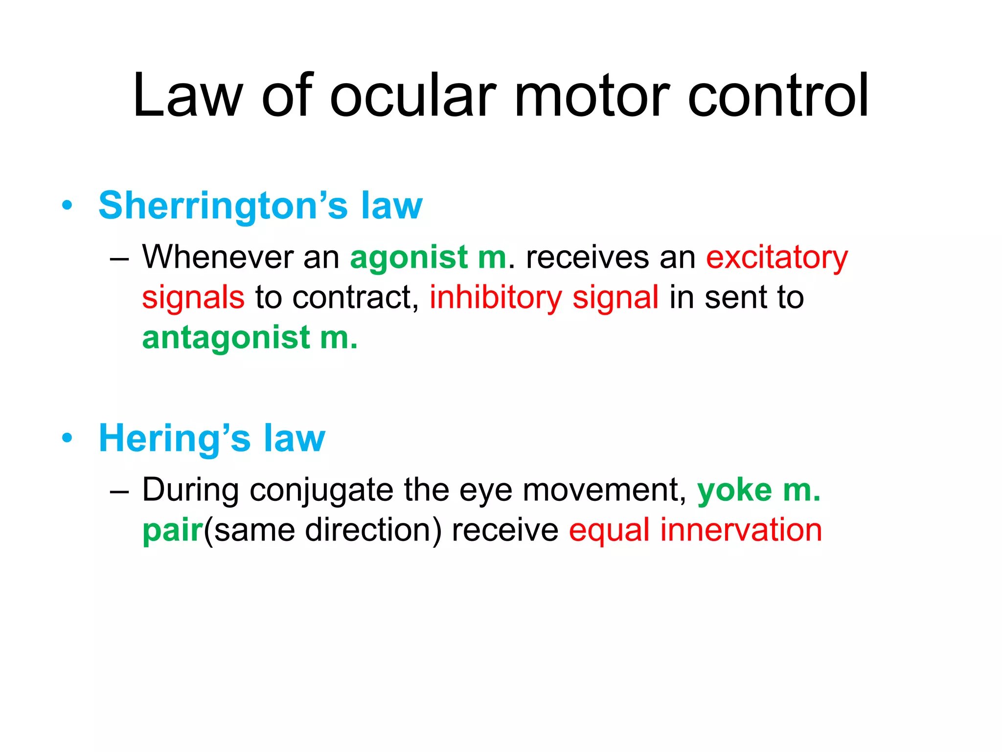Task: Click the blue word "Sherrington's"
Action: [x=223, y=206]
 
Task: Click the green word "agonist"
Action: [x=409, y=258]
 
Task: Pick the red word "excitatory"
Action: [x=777, y=258]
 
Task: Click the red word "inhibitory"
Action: [x=496, y=298]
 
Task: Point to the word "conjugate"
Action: [x=321, y=491]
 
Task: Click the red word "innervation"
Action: [x=741, y=530]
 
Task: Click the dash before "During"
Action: [x=119, y=491]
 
